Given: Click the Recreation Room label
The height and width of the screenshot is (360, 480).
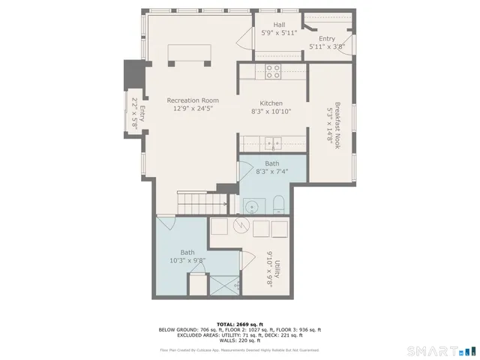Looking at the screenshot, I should (193, 100).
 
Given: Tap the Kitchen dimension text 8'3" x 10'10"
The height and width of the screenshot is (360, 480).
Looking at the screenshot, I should (271, 112).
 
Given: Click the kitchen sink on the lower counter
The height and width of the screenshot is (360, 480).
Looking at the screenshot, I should (275, 142).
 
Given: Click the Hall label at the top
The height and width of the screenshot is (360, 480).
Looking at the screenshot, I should (278, 25).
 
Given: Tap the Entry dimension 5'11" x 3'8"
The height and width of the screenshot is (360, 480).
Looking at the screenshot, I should (326, 46).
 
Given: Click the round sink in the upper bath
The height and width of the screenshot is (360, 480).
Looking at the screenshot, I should (251, 205).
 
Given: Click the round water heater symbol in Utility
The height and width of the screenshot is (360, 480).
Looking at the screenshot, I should (241, 227).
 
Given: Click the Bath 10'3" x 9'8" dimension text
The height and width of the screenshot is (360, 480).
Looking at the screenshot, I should (187, 261).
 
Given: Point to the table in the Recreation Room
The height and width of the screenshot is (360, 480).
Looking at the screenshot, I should (189, 54).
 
